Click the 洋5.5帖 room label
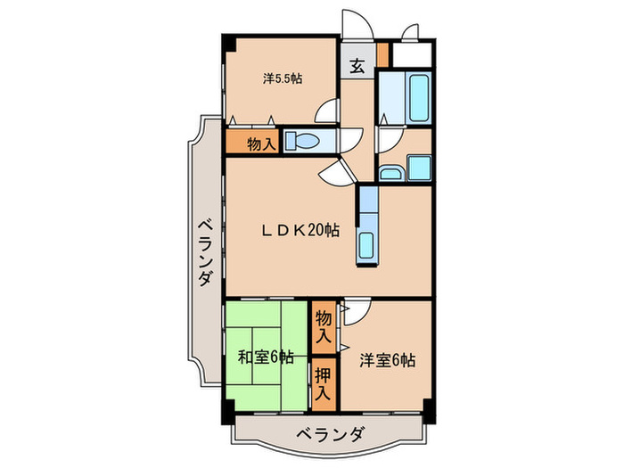tap(282, 78)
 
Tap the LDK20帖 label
tap(300, 230)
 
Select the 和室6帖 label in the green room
tap(266, 357)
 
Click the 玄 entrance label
tap(357, 65)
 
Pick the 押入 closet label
tap(323, 382)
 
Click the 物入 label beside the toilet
tap(259, 143)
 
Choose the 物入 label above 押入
tap(323, 325)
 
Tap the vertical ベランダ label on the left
tap(204, 252)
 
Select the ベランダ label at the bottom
tap(330, 435)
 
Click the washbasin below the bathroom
tap(390, 172)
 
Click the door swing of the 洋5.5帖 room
tap(328, 112)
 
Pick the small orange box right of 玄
tap(382, 53)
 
